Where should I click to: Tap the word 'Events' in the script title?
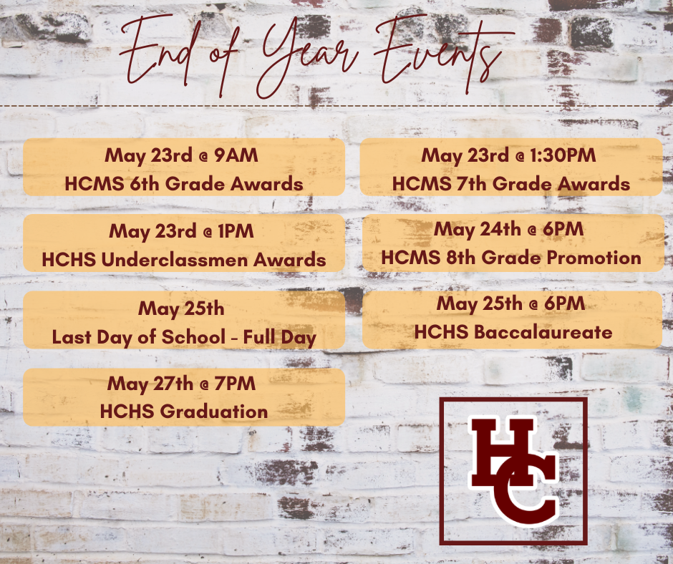442,54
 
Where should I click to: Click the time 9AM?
236,155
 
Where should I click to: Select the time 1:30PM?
563,155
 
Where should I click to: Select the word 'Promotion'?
594,258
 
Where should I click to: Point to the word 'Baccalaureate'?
543,332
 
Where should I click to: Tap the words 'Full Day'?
280,338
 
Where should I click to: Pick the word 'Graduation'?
214,412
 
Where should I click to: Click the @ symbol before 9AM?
203,157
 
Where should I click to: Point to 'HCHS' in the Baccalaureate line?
441,332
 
